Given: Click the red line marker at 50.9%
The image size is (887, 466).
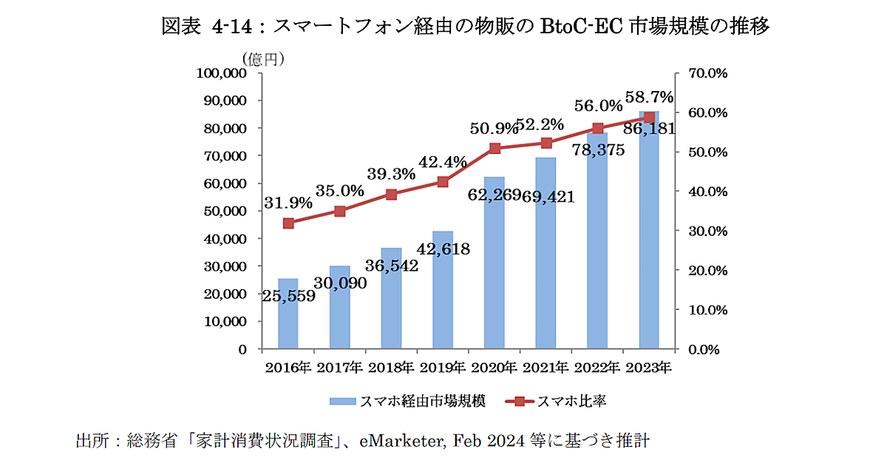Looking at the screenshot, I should click(495, 149).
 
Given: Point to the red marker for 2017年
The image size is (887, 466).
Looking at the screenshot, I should click(340, 211).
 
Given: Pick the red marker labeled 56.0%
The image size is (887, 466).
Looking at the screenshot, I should click(598, 128).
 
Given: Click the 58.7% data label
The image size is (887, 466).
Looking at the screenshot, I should click(649, 97).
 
